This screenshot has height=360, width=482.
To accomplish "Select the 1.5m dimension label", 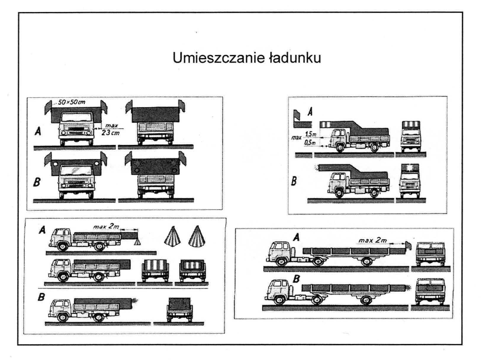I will pos(311,134).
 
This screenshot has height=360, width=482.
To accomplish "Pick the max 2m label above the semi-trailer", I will pos(373,240).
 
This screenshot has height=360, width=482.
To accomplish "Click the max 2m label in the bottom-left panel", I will pos(106,227).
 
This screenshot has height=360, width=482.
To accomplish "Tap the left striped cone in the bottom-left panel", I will pos(173,236).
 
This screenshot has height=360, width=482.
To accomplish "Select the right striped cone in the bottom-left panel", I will pos(197,236).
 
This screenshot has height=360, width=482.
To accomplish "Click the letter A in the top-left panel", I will pos(38,131).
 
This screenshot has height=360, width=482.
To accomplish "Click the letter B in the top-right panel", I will pos(294,180).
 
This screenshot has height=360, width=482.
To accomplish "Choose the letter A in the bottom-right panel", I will pos(296,237).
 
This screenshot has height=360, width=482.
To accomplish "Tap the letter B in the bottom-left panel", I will pos(41,297).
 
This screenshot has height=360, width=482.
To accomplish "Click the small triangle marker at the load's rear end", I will pos(137,242).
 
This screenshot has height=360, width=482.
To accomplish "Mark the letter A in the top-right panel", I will pos(310,112).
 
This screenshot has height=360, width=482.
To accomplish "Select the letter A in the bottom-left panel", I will pos(42,230).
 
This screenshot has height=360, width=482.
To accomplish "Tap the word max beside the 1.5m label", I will pos(296,137).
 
